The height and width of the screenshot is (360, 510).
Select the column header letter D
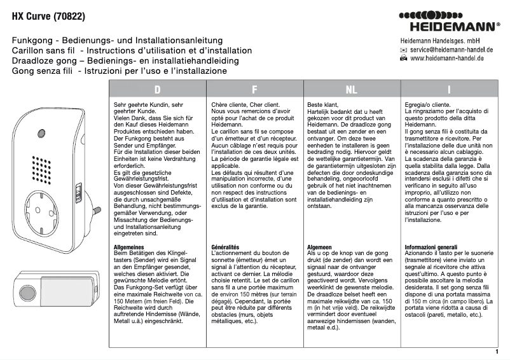[x=157, y=90]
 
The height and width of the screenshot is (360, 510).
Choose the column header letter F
[x=254, y=90]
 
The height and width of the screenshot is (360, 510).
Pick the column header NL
[x=352, y=90]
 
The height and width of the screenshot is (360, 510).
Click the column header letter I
[x=449, y=90]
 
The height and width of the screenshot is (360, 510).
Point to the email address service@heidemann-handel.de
[x=452, y=49]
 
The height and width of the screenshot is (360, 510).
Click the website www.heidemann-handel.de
[x=448, y=58]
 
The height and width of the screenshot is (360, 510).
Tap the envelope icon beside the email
[x=403, y=49]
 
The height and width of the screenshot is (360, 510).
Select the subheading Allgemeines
[x=129, y=246]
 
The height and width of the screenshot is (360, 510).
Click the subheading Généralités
[x=225, y=246]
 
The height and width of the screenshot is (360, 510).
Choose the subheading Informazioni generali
[x=431, y=246]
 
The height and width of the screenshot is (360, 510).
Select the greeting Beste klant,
[x=323, y=104]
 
